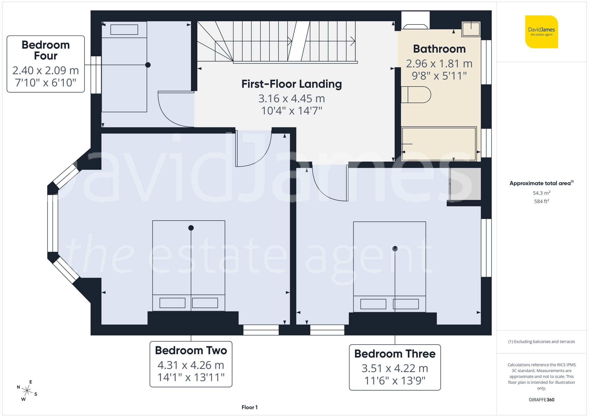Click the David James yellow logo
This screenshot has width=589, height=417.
[x=541, y=32]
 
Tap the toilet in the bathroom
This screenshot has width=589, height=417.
[x=416, y=95]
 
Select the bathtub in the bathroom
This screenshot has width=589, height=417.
[x=439, y=144]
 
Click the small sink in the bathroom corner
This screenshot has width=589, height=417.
[x=471, y=29]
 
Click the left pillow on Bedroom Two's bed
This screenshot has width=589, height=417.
[x=172, y=303]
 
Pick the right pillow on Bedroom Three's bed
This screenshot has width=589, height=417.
[x=406, y=304]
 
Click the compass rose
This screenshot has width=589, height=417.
[x=27, y=391]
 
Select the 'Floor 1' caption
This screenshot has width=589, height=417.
[x=249, y=407]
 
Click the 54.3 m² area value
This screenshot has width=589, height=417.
[x=541, y=193]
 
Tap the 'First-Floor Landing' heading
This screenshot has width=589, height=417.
[x=292, y=84]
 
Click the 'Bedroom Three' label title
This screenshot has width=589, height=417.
[x=395, y=354]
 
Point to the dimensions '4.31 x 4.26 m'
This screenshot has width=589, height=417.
[x=191, y=365]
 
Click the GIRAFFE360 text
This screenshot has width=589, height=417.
[x=541, y=400]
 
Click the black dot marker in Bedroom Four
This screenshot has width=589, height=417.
[x=148, y=65]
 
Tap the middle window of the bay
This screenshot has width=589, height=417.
[x=53, y=223]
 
